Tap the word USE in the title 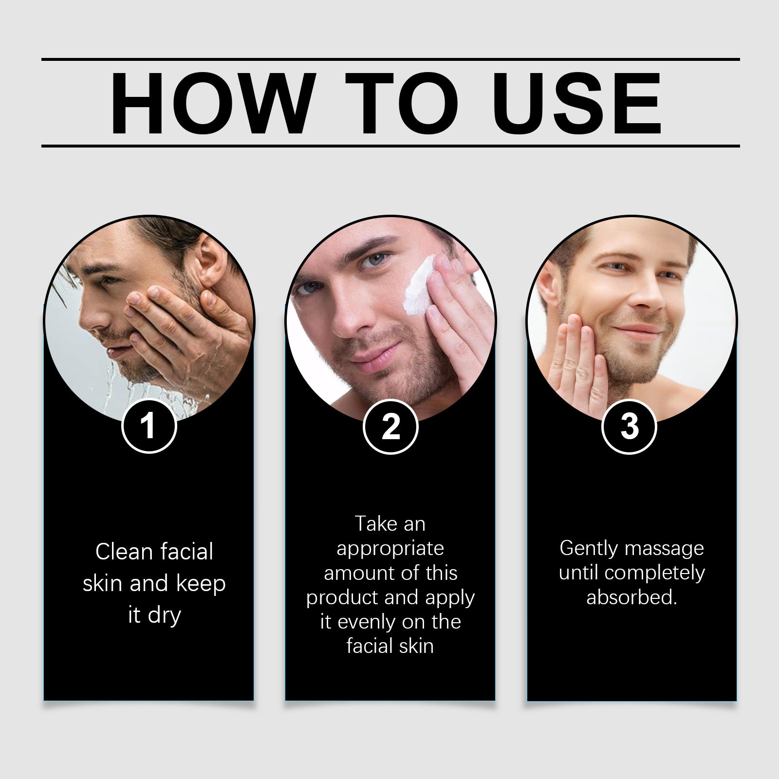580,103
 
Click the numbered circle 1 148,426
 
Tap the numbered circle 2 390,426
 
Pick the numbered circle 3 630,426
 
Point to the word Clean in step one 124,552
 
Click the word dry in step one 165,616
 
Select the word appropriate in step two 390,549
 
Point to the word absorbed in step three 631,597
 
